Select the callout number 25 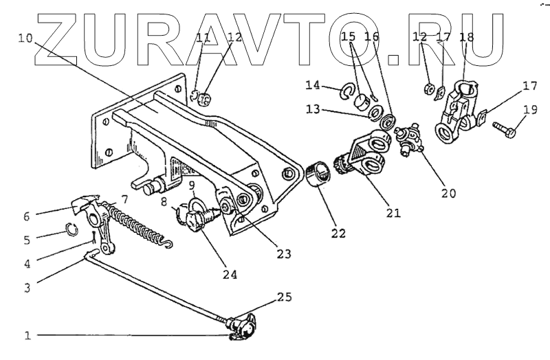[283, 298]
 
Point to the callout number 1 [27, 337]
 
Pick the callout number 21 [393, 214]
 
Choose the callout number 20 [448, 194]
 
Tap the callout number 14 [313, 85]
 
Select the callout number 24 [229, 275]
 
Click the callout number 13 [313, 111]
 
